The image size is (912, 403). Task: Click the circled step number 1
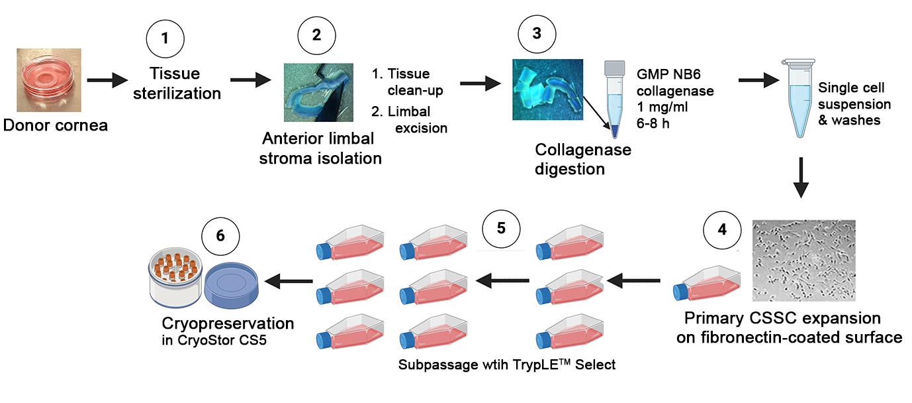(x=165, y=38)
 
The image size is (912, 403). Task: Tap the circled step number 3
(x=537, y=33)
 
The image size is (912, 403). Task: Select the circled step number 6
(x=220, y=236)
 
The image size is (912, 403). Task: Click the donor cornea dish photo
(x=49, y=80)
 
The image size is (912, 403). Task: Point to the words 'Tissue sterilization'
(x=177, y=84)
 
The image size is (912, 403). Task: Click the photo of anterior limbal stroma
(x=318, y=92)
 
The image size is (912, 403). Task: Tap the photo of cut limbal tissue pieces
(x=547, y=89)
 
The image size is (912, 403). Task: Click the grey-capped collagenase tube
(x=615, y=99)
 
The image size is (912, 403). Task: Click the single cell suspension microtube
(x=799, y=98)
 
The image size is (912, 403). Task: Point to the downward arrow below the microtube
(x=801, y=178)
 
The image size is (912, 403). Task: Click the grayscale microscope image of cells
(x=803, y=260)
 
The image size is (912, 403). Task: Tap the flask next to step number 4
(x=706, y=284)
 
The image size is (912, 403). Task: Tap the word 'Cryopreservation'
(x=228, y=323)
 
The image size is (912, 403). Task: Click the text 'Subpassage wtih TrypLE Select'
(x=506, y=365)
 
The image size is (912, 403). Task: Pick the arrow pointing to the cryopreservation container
(x=289, y=281)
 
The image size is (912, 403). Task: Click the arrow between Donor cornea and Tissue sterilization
(x=107, y=80)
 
